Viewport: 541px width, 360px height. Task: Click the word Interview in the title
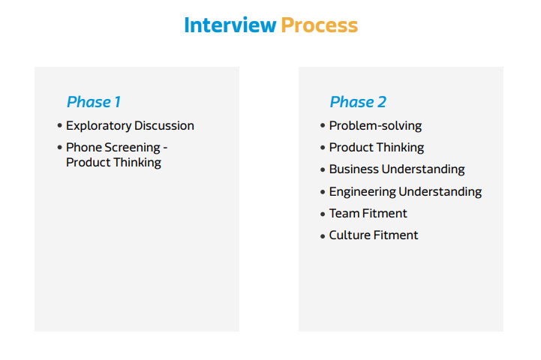tap(230, 25)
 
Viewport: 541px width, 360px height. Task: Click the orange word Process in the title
tap(320, 25)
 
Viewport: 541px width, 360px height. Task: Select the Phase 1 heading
tap(94, 102)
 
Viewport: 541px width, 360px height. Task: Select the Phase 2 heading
tap(358, 102)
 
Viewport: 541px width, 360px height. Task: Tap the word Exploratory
tap(98, 126)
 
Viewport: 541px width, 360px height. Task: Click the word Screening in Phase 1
tap(133, 148)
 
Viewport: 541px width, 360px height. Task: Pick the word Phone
tap(84, 147)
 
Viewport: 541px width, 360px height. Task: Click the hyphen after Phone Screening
tap(165, 148)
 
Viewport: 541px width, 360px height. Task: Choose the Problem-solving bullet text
tap(375, 126)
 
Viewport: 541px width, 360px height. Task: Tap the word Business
tap(354, 169)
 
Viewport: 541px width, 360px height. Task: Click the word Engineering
tap(362, 192)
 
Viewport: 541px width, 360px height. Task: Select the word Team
tap(344, 213)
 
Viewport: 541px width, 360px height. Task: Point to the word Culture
tap(350, 235)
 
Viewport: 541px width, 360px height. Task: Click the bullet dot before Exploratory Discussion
tap(60, 125)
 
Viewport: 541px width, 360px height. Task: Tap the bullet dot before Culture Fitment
tap(323, 236)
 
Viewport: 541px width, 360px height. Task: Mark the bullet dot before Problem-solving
tap(323, 125)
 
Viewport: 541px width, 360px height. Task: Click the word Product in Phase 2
tap(350, 147)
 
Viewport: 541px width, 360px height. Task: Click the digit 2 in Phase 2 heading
tap(382, 102)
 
